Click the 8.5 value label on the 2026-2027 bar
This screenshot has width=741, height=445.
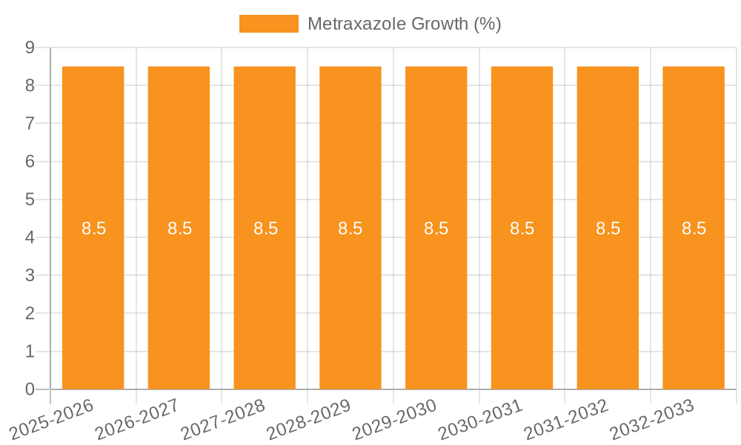179,228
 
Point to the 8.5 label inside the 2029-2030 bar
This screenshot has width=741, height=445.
436,228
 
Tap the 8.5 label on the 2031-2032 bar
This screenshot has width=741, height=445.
608,228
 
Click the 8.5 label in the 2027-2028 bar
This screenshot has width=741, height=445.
265,228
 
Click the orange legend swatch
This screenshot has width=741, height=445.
268,24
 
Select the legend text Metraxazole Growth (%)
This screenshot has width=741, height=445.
404,24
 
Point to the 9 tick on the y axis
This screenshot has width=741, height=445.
30,47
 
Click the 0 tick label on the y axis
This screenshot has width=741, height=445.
30,389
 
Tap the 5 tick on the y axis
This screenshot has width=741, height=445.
30,200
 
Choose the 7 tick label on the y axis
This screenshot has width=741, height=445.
30,123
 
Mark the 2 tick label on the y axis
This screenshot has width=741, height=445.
30,314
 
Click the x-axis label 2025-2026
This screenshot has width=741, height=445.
52,418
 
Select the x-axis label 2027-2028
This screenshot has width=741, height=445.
223,418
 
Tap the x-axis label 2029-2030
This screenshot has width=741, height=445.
394,418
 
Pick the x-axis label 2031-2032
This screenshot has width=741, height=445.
566,418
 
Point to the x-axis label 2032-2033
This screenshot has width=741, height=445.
652,418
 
